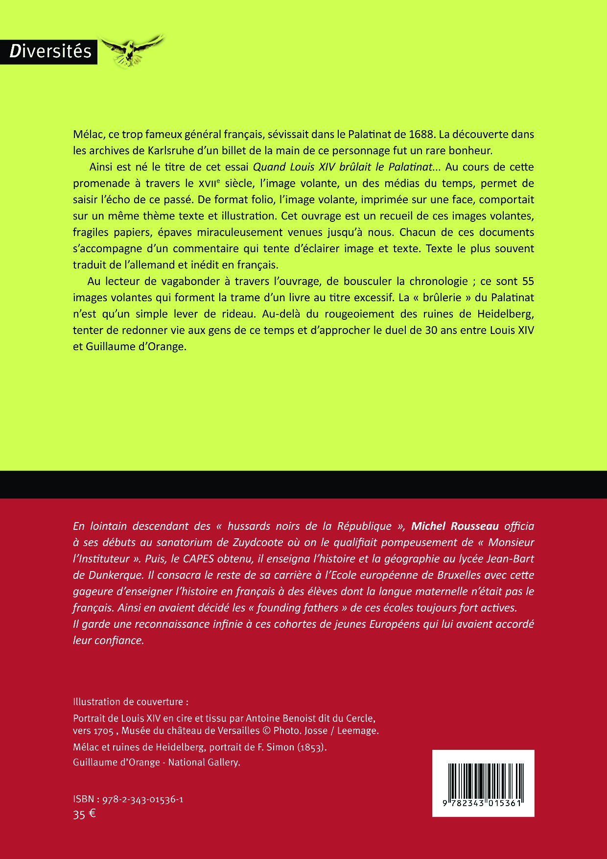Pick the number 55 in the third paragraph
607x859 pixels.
pos(527,282)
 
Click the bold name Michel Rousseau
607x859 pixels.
pos(455,526)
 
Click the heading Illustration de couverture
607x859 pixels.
pos(130,702)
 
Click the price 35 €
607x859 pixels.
pos(84,815)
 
